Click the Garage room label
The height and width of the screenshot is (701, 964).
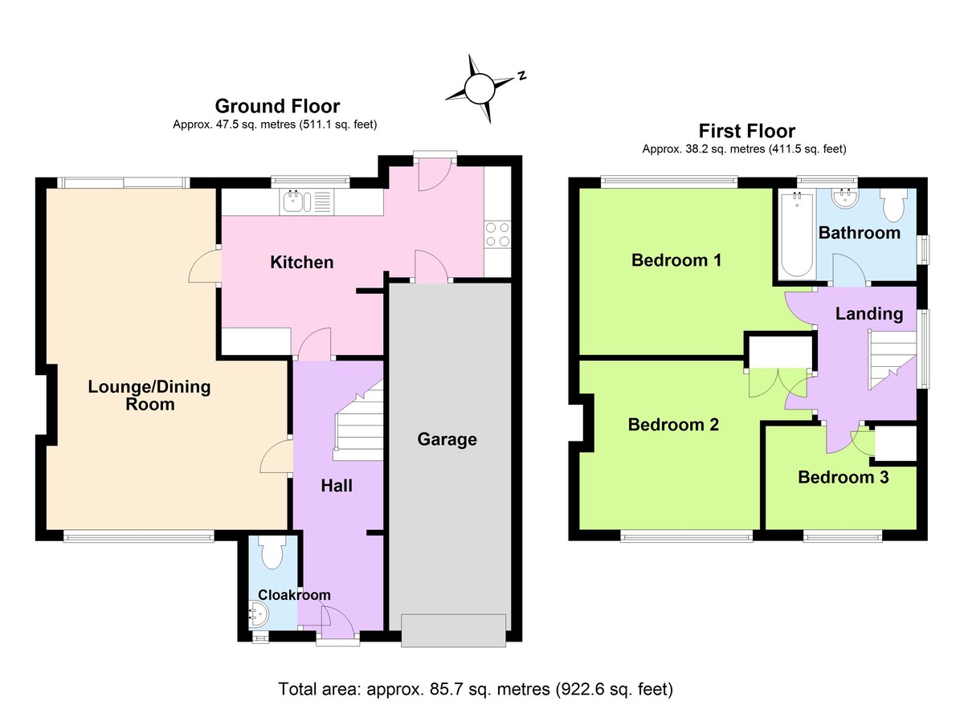click(447, 439)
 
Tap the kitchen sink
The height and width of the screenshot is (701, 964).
click(295, 202)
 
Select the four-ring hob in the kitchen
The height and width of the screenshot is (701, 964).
click(497, 234)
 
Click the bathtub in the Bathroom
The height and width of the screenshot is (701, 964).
click(795, 236)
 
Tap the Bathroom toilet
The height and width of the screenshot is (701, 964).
click(893, 206)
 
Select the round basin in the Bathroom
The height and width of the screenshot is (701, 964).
click(844, 198)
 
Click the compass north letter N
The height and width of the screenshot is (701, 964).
click(521, 75)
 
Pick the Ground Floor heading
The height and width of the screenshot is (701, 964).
click(277, 106)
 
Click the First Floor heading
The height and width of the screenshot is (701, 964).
click(746, 131)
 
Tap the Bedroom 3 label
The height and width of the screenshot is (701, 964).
click(843, 478)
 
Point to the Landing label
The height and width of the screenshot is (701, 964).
click(868, 314)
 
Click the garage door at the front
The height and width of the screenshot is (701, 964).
click(454, 630)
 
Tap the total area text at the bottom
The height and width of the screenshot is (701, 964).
click(475, 688)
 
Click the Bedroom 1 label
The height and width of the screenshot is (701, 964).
click(676, 260)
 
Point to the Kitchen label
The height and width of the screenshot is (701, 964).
click(301, 263)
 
